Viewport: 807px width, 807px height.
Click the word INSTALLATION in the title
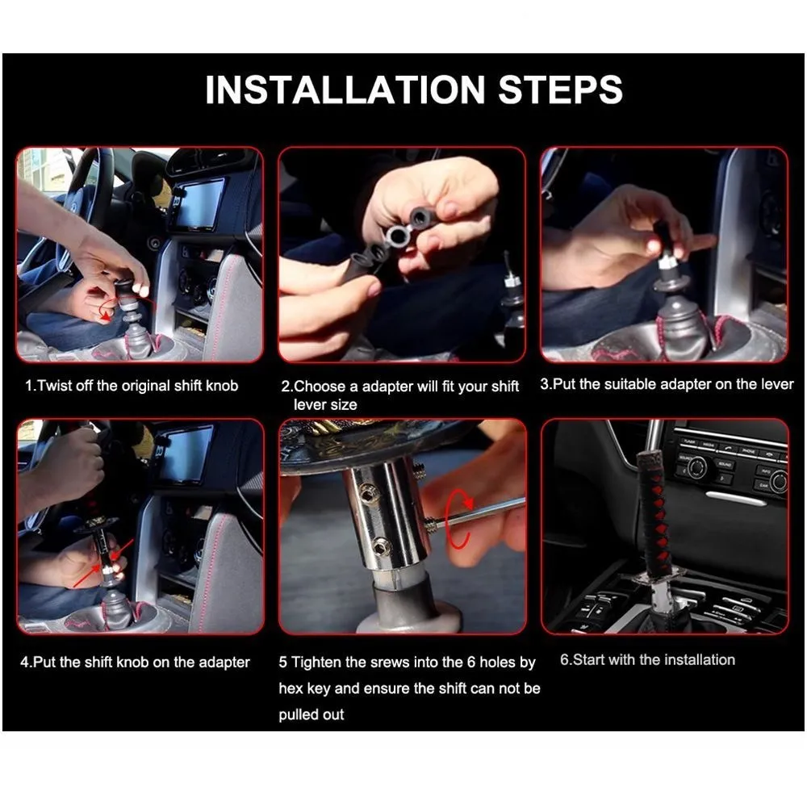tap(345, 90)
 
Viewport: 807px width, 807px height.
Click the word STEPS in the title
tap(561, 90)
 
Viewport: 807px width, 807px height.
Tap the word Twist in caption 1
tap(55, 386)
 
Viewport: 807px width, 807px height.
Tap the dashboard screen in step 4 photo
tap(188, 453)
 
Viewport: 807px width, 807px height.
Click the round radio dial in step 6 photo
tap(696, 467)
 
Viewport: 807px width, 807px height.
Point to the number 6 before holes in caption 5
tap(471, 662)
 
